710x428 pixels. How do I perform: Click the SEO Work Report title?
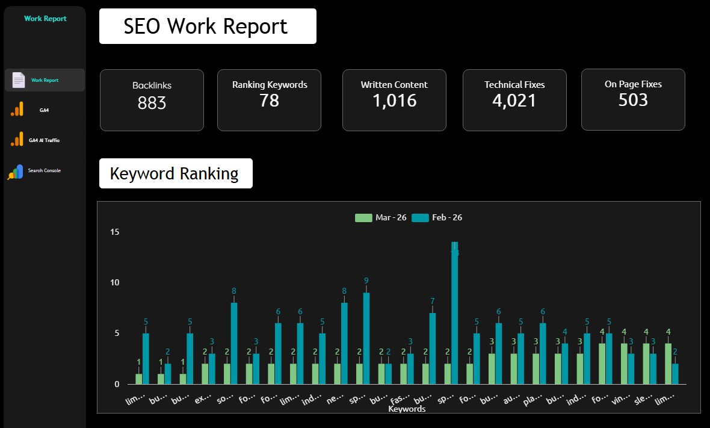[206, 26]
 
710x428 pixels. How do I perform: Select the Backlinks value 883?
[152, 104]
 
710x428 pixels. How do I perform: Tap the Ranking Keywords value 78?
[269, 101]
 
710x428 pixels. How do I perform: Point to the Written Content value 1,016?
[394, 101]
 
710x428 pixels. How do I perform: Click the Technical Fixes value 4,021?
[514, 101]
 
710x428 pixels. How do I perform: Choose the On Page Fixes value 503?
[633, 99]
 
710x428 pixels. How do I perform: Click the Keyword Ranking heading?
[174, 174]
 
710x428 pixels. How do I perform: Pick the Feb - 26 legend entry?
[437, 218]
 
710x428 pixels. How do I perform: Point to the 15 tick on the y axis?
[114, 232]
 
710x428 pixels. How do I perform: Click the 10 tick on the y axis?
[114, 283]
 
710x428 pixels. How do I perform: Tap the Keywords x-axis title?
[407, 409]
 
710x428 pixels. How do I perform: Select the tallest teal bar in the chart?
[454, 313]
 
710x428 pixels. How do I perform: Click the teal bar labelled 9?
[366, 338]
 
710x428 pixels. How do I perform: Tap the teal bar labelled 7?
[432, 349]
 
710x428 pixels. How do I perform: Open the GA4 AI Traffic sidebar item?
[44, 140]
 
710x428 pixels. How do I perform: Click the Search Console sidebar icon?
[15, 172]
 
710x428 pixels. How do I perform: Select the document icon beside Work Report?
[19, 80]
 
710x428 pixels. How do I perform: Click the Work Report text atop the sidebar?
[45, 19]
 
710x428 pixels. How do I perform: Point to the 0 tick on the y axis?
[117, 384]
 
